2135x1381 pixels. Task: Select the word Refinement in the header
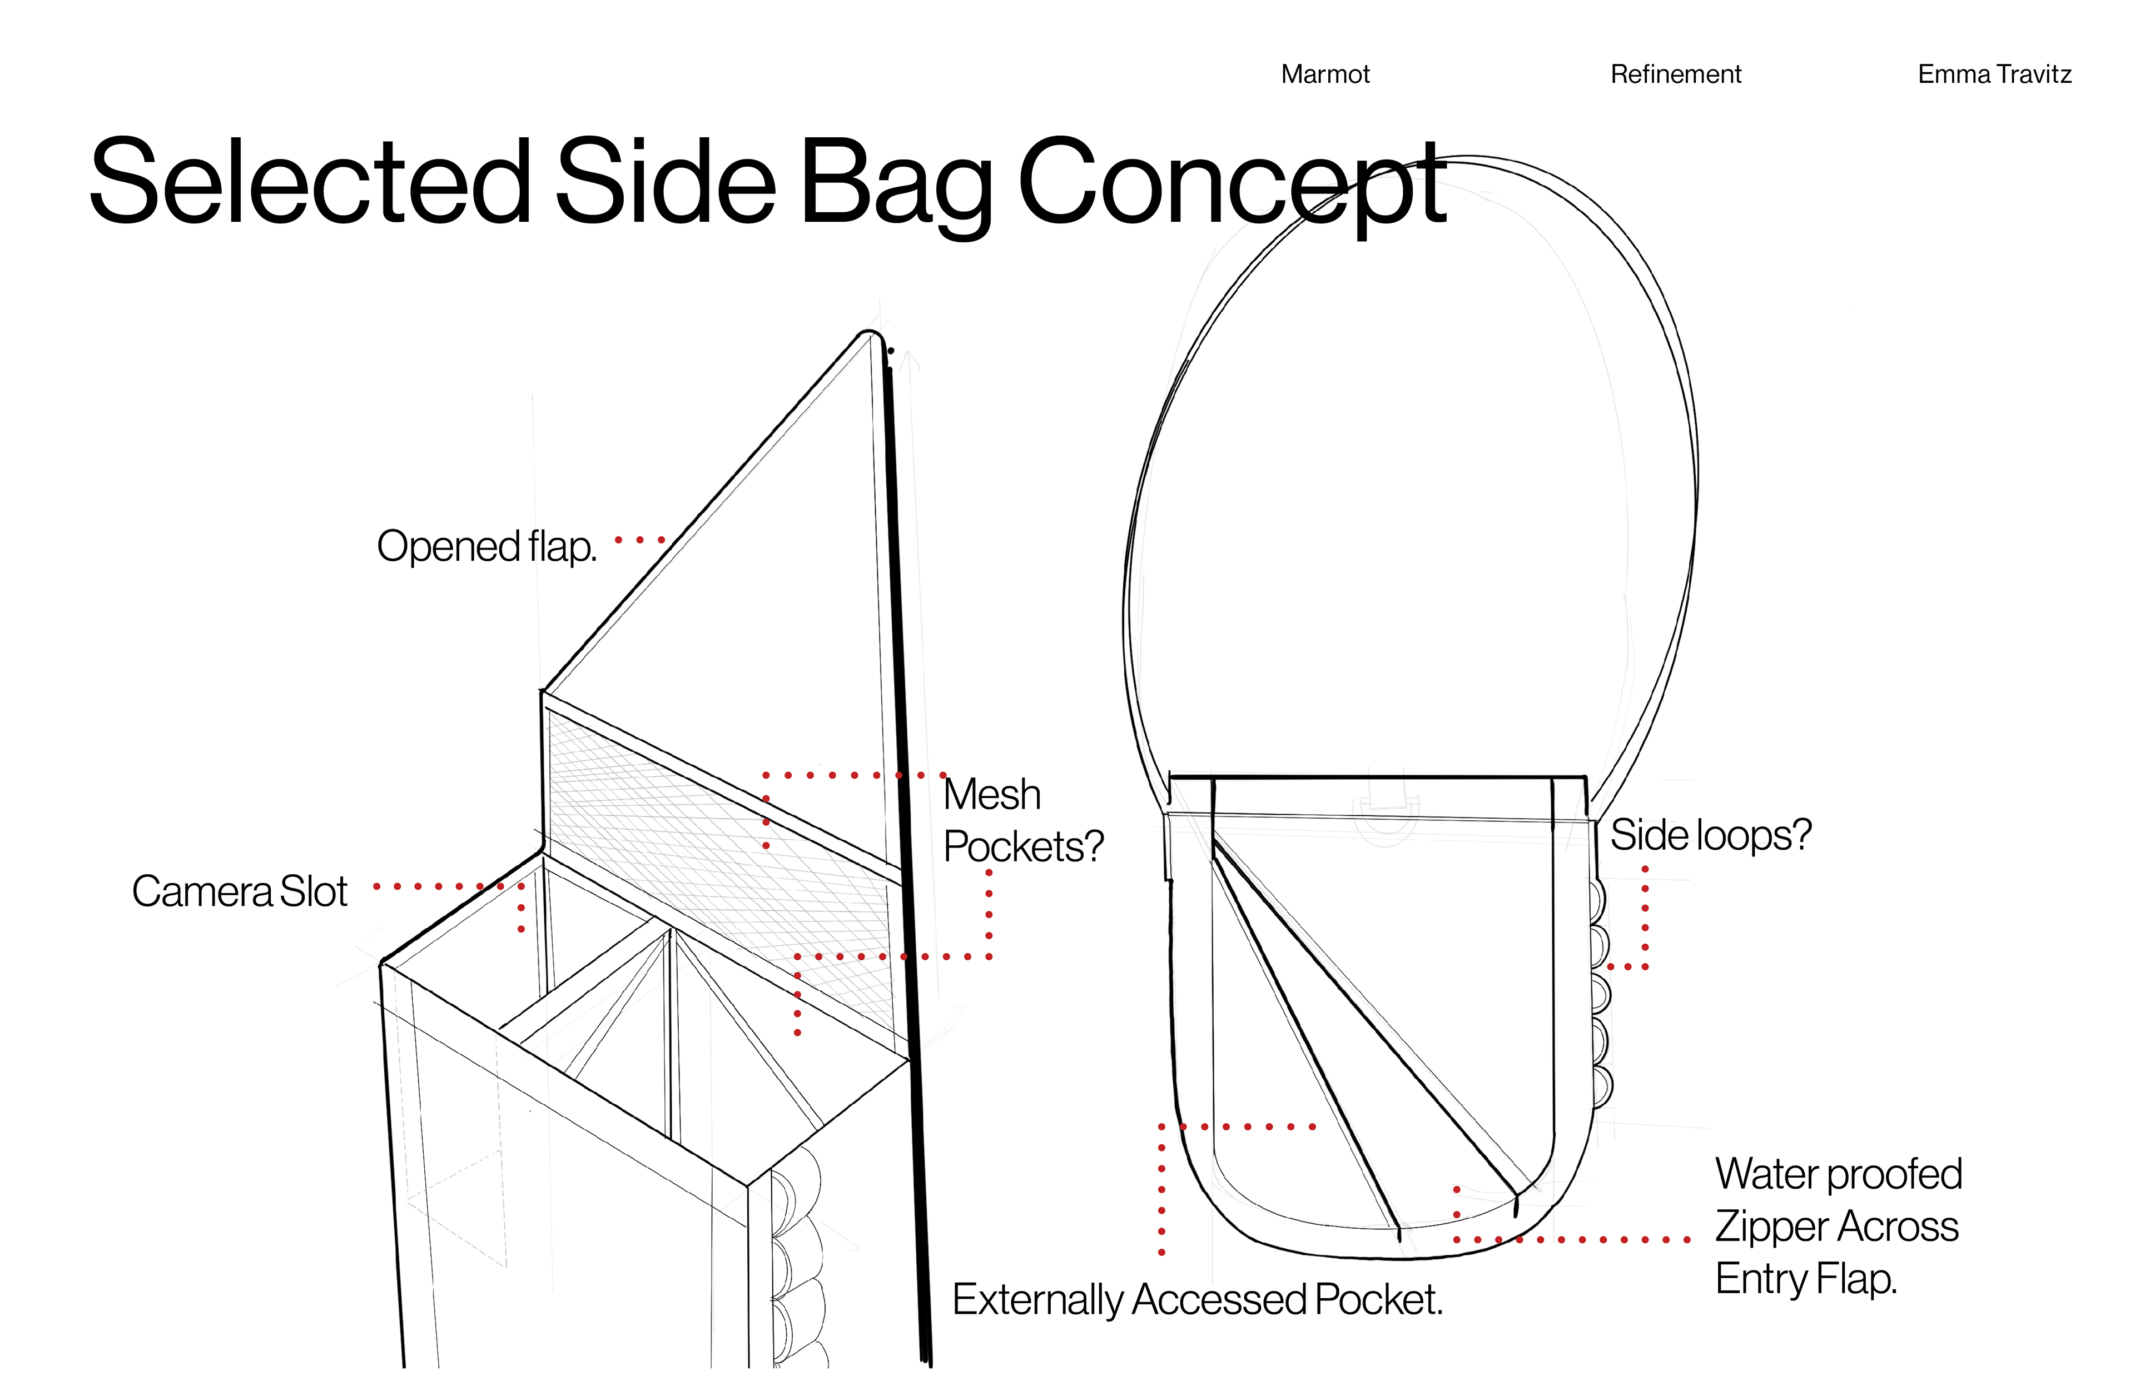pos(1676,74)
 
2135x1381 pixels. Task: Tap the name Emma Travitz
pos(1994,74)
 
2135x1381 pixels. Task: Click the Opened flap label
pos(486,546)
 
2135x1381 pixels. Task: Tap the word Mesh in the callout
pos(992,795)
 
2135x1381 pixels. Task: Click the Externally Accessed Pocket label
pos(1196,1299)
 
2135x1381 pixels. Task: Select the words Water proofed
pos(1838,1174)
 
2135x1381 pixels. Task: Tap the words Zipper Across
pos(1836,1227)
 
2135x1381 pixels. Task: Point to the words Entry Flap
pos(1806,1279)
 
